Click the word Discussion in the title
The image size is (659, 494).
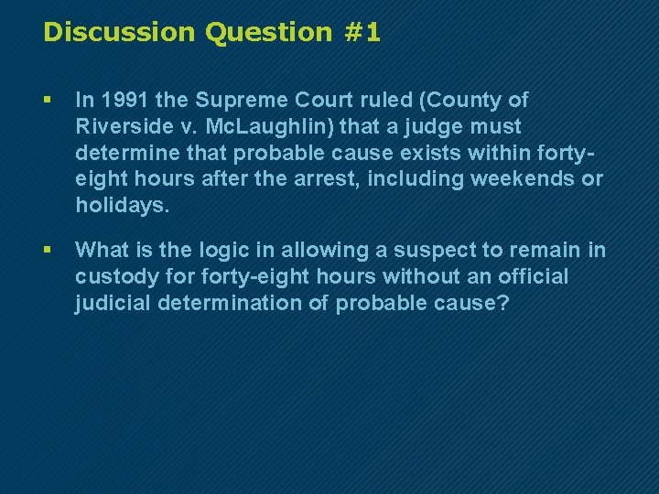[x=120, y=33]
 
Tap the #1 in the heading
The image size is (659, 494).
[x=363, y=33]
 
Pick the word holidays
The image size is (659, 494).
[x=120, y=205]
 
